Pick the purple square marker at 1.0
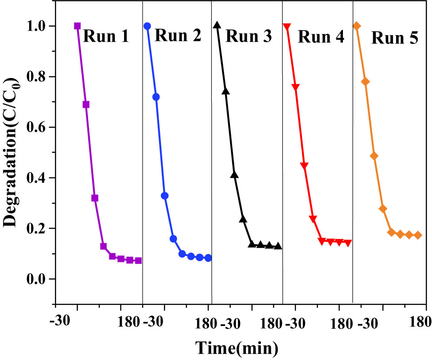click(x=78, y=26)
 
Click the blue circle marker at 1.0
click(x=148, y=26)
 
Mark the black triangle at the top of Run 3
click(x=217, y=25)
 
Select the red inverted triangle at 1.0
click(x=287, y=27)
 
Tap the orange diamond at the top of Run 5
click(x=357, y=26)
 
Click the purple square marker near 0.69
click(x=86, y=105)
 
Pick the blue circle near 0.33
click(x=164, y=196)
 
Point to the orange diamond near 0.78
click(x=366, y=82)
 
